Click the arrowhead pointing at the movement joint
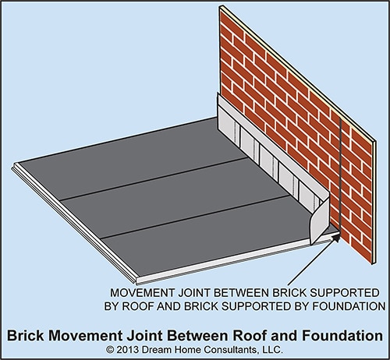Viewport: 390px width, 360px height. [x=336, y=238]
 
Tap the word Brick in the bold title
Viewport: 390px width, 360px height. [x=26, y=335]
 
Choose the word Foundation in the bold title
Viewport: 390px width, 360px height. [x=342, y=335]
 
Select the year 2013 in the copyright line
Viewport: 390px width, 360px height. [x=127, y=350]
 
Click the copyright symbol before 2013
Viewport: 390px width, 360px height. [x=110, y=350]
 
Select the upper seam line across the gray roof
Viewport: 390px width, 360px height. [x=154, y=179]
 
